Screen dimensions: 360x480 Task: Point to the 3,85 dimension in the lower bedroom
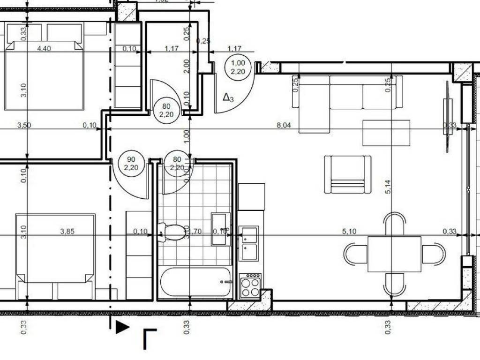[68, 231]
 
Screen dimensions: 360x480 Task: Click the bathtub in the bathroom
[196, 282]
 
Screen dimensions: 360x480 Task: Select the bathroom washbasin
[220, 229]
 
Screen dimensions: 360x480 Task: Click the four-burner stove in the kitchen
[250, 285]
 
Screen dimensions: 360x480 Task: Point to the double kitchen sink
[248, 243]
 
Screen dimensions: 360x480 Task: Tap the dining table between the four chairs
[394, 254]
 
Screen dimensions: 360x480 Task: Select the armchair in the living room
[347, 174]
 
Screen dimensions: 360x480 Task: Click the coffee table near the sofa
[386, 133]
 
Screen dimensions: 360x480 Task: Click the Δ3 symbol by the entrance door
[228, 97]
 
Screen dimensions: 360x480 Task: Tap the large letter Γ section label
[150, 339]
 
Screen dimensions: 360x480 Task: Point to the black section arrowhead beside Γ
[122, 327]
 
